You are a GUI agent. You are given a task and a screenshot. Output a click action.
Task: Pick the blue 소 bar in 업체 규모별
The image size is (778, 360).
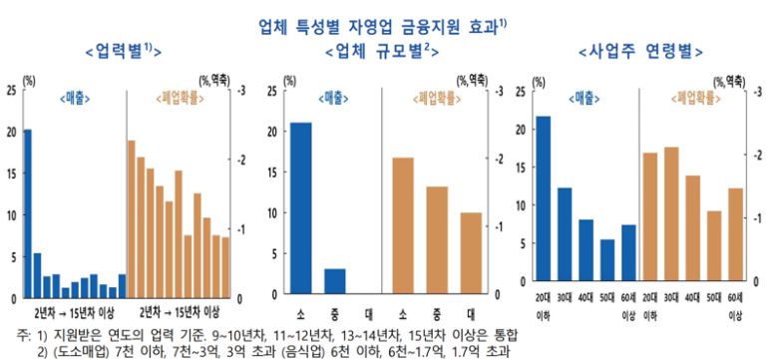click(300, 209)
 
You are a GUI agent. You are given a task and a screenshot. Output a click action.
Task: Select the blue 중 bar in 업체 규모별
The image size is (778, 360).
click(335, 283)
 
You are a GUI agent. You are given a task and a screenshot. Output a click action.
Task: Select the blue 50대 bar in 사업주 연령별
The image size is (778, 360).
click(607, 268)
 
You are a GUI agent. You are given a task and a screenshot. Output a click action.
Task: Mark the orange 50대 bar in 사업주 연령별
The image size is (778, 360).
click(713, 253)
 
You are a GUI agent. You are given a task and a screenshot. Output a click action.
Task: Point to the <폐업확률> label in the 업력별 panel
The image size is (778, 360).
click(181, 98)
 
